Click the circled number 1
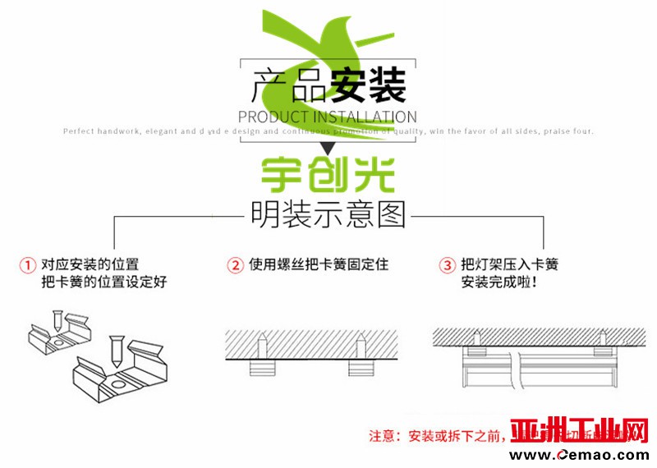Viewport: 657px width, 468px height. click(29, 265)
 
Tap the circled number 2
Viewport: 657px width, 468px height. click(236, 265)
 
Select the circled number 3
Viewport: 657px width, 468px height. click(447, 265)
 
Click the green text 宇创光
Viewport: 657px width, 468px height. click(328, 174)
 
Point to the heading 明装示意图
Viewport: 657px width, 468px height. click(328, 216)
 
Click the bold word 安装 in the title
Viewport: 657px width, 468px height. click(367, 84)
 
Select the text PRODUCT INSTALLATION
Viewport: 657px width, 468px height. click(328, 117)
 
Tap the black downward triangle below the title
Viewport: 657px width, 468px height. click(328, 149)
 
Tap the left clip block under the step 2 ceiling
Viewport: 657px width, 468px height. click(261, 368)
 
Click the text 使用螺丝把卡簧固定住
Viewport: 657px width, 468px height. click(319, 265)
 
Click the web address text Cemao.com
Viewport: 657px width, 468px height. click(604, 455)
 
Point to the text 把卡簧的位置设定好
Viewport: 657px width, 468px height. click(103, 283)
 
